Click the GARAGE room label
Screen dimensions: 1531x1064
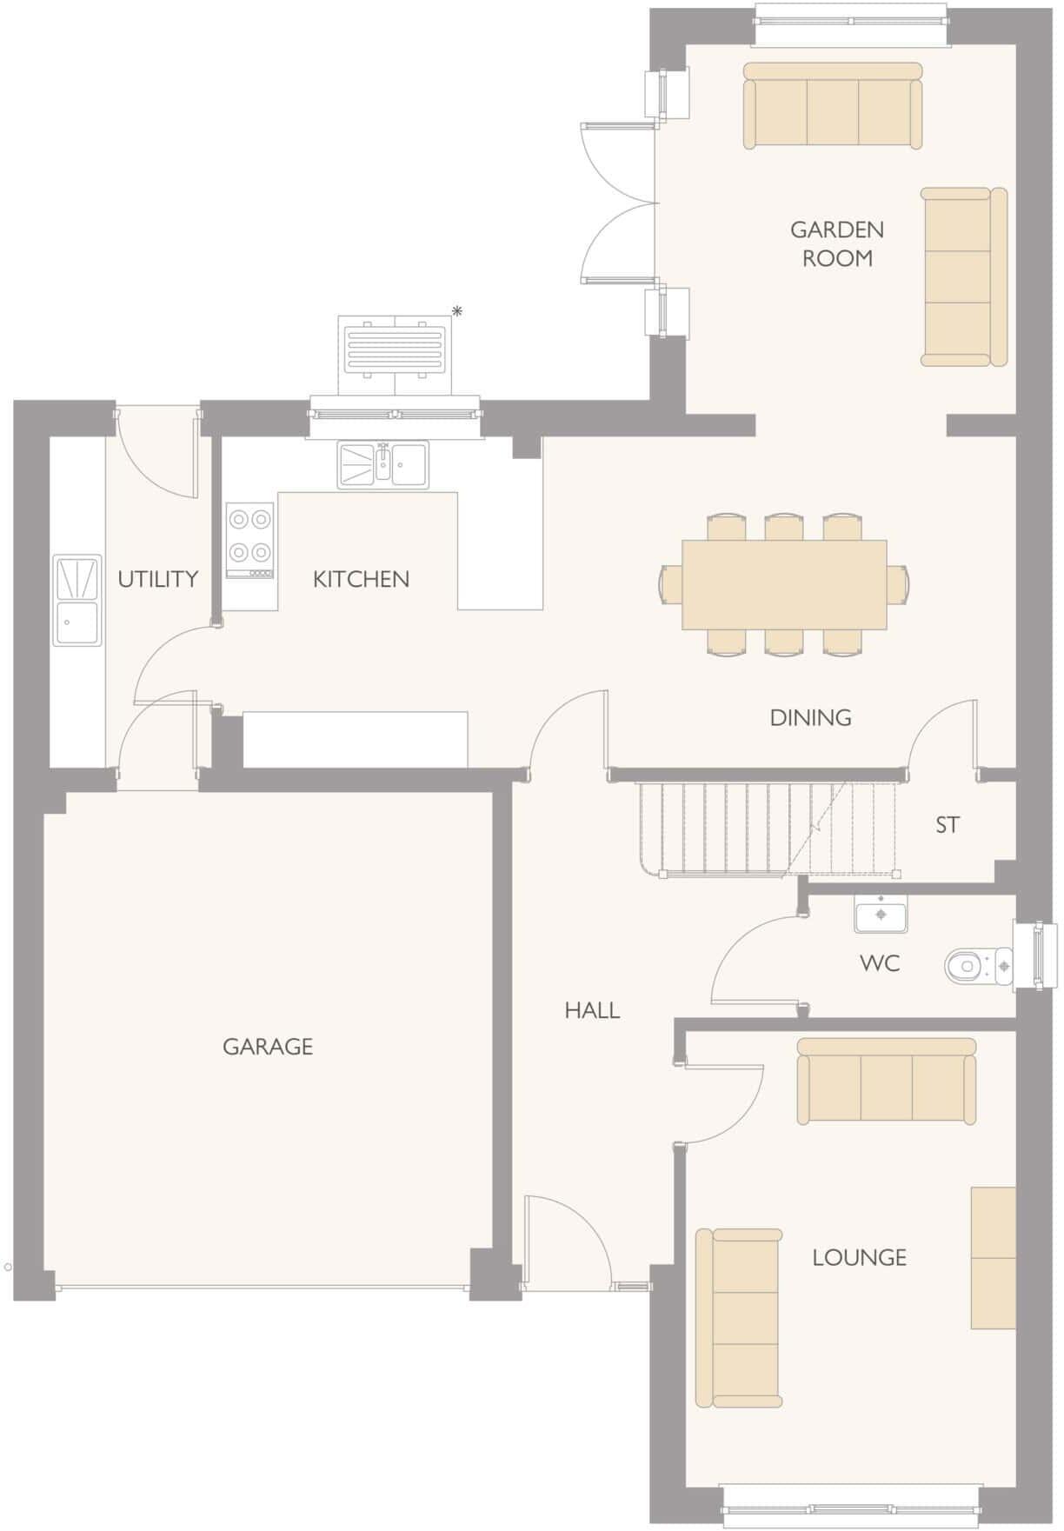point(267,1047)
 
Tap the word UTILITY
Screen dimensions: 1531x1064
point(158,579)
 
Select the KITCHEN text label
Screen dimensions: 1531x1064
point(361,579)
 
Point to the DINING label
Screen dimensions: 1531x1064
point(810,717)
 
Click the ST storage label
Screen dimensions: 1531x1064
point(948,824)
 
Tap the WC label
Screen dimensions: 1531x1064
point(880,963)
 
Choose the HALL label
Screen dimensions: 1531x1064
point(592,1010)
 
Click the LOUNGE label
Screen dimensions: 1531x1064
point(859,1257)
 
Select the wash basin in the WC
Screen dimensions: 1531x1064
point(881,914)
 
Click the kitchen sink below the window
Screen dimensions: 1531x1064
point(383,464)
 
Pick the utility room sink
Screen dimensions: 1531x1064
point(76,601)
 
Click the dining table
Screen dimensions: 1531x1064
point(784,585)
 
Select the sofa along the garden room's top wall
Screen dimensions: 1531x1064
point(832,105)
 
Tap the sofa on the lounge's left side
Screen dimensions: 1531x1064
point(739,1317)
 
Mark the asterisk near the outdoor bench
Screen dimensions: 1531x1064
point(457,311)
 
